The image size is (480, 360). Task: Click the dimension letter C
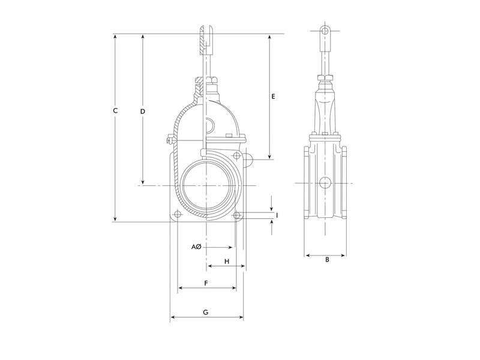[x=115, y=110]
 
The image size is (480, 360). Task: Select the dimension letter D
[x=142, y=112]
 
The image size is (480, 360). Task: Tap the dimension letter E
[x=273, y=97]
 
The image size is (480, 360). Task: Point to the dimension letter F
[x=206, y=283]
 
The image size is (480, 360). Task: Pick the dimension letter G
[x=206, y=312]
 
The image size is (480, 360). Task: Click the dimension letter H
[x=227, y=262]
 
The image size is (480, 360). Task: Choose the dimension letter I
[x=277, y=216]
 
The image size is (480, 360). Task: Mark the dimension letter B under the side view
[x=327, y=260]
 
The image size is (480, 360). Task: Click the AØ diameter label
[x=196, y=247]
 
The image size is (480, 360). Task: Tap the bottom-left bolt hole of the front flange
[x=177, y=214]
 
